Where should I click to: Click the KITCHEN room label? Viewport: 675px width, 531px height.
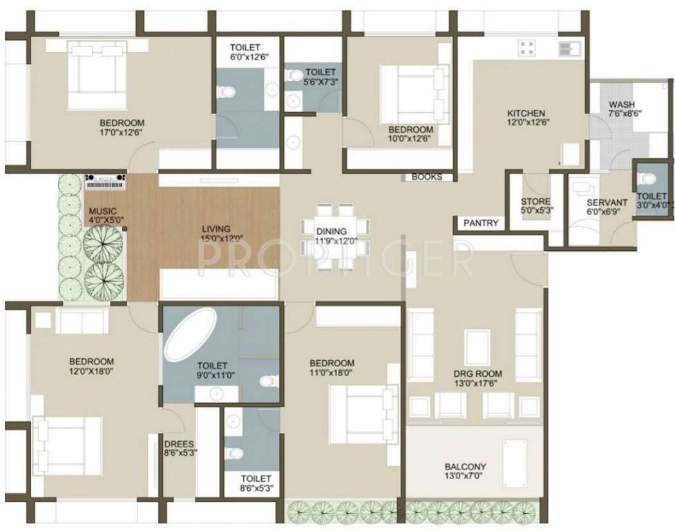526,113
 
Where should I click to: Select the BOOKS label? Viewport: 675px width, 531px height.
426,177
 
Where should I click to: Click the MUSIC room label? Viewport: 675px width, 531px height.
102,211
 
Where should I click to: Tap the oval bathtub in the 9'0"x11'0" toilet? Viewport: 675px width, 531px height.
190,333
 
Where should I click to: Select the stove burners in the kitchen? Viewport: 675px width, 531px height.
527,48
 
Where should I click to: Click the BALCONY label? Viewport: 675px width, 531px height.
465,467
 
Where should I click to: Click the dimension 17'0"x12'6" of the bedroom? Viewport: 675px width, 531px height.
122,134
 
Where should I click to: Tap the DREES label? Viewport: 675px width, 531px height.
178,445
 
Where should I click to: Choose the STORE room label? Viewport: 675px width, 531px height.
535,202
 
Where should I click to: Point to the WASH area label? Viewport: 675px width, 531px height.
621,105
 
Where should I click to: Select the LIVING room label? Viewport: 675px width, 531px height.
216,229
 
